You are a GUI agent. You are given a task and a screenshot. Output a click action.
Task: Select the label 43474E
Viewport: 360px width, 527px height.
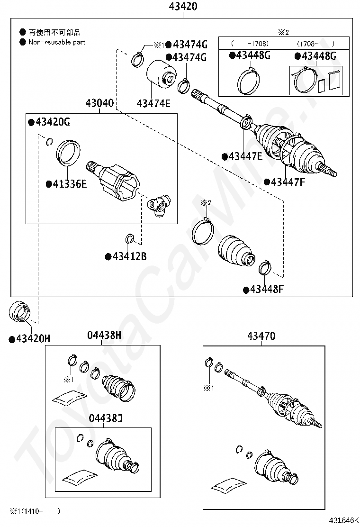pos(153,102)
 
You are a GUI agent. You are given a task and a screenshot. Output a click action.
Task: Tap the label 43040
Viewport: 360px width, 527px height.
pos(99,103)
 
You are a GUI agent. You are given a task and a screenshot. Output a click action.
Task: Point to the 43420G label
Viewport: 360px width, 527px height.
pos(52,122)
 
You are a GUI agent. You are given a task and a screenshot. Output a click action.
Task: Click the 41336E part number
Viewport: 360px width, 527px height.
pos(69,184)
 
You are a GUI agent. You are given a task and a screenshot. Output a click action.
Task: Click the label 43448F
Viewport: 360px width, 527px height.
pos(266,289)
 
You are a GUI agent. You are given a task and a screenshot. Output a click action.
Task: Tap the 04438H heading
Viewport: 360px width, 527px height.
pos(104,336)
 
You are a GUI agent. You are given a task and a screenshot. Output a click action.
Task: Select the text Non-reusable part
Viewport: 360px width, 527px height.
pos(57,42)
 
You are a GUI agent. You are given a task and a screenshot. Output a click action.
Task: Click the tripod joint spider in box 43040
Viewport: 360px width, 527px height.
pos(160,205)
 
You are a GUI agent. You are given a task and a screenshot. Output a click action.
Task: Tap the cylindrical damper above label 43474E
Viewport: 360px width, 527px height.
pos(161,78)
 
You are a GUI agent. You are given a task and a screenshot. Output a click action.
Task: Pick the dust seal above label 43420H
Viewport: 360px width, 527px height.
pos(20,311)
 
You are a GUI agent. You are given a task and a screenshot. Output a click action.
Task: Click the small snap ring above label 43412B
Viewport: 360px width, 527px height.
pos(129,238)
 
